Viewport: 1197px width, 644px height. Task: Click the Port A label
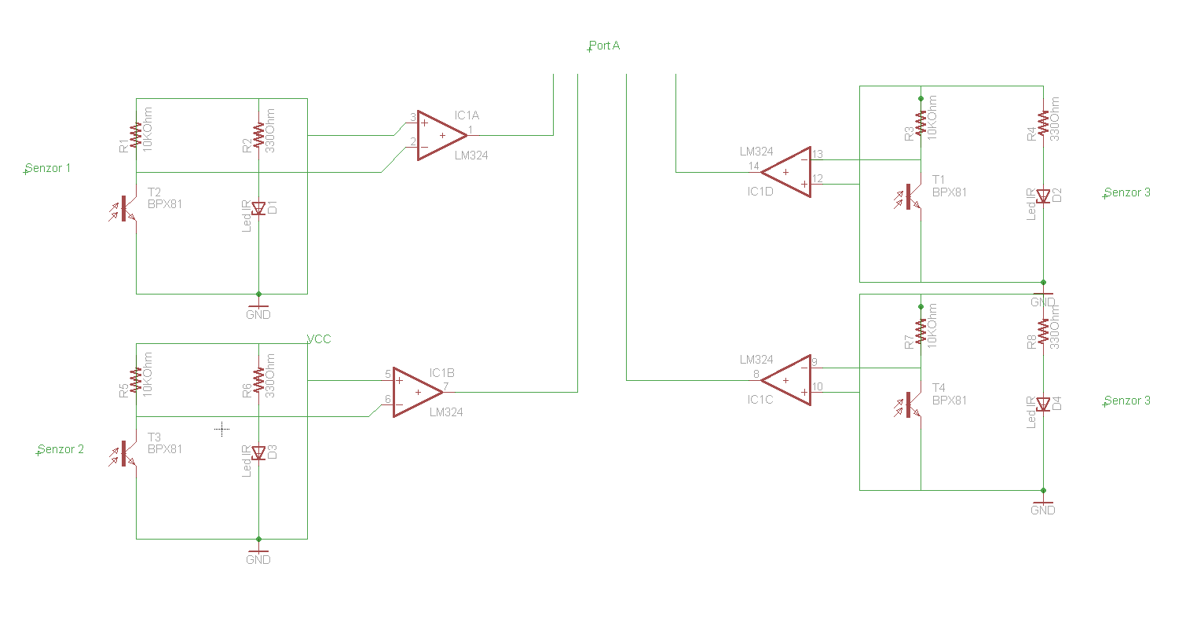tap(604, 46)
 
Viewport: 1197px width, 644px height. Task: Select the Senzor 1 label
tap(48, 168)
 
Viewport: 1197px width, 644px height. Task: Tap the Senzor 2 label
tap(60, 449)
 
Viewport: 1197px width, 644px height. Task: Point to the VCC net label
tap(319, 339)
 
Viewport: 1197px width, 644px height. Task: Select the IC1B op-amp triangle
tap(415, 392)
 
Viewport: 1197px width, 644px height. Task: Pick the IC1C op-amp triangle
tap(789, 380)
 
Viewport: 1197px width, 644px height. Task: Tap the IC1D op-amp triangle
tap(789, 172)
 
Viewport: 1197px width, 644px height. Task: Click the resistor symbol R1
tap(136, 135)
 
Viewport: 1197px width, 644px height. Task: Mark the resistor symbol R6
tap(258, 380)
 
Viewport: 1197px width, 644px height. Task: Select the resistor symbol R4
tap(1043, 124)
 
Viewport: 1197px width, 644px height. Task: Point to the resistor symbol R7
tap(921, 330)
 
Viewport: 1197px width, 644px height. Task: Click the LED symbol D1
tap(258, 208)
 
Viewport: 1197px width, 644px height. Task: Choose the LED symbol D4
tap(1043, 404)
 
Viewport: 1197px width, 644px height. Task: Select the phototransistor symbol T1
tap(910, 196)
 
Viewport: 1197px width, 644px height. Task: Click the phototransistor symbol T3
tap(125, 454)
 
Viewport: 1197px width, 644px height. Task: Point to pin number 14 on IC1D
tap(753, 166)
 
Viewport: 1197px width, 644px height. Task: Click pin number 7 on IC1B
tap(445, 386)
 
